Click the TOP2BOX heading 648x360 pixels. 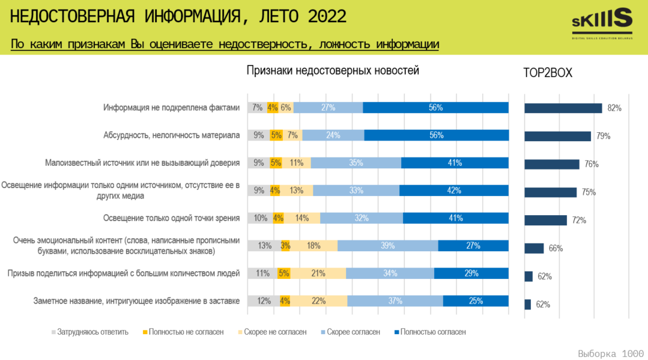[x=547, y=73]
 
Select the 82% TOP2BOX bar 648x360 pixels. [x=563, y=108]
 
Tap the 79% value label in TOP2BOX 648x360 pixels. [x=602, y=136]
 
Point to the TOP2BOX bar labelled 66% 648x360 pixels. [x=534, y=248]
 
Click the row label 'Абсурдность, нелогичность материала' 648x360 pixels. [x=171, y=135]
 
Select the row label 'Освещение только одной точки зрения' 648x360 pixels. [x=171, y=219]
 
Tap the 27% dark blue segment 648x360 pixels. [x=473, y=245]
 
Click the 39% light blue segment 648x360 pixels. [x=387, y=245]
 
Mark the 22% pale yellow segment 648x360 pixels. [x=318, y=301]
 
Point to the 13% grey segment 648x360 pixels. [x=261, y=245]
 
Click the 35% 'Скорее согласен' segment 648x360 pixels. [x=356, y=163]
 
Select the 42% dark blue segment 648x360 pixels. [x=454, y=190]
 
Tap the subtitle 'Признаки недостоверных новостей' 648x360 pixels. [x=333, y=71]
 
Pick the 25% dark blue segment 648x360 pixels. [x=475, y=301]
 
